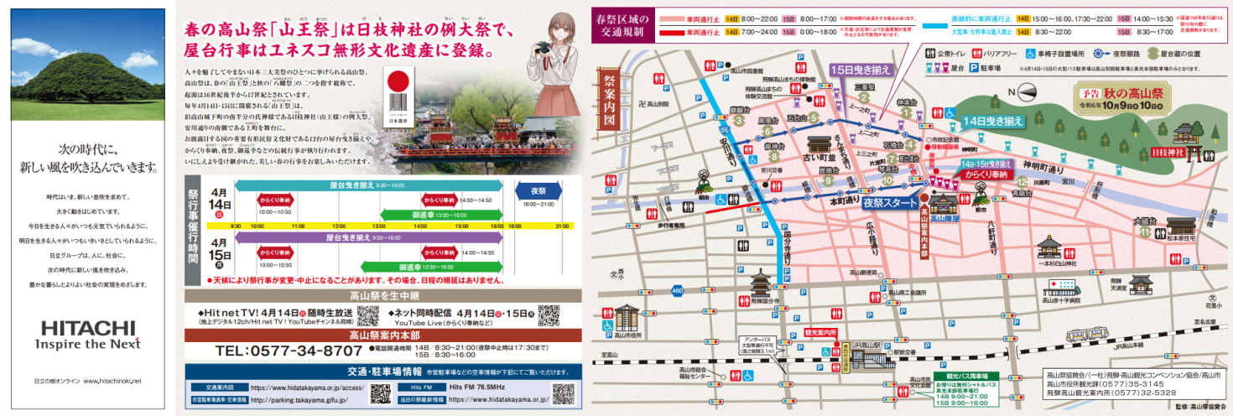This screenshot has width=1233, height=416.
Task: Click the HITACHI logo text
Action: click(86, 327)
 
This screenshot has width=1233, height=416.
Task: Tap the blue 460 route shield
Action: click(677, 290)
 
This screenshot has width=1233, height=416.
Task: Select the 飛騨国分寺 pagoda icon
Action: click(762, 285)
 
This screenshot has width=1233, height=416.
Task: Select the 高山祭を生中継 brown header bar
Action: click(381, 295)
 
